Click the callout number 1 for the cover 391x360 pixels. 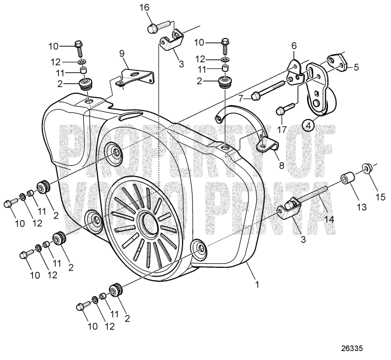[257, 283]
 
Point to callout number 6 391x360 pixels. [294, 46]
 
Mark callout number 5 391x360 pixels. [355, 65]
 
